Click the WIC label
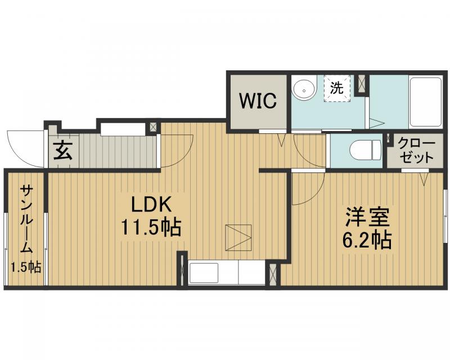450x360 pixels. click(258, 101)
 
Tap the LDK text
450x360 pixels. click(151, 204)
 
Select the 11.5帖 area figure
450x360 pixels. click(151, 227)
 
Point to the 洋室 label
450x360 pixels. click(367, 217)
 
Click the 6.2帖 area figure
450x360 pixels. click(367, 240)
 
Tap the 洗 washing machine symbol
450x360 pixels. click(337, 88)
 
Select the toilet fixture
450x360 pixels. click(365, 150)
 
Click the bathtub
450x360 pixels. click(425, 102)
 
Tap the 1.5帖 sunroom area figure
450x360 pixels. click(26, 267)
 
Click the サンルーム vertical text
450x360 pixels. click(26, 219)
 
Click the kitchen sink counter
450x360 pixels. click(227, 272)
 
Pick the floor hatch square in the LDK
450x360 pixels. click(238, 237)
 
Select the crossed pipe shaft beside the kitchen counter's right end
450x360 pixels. click(273, 274)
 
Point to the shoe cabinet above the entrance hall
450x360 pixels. click(123, 129)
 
